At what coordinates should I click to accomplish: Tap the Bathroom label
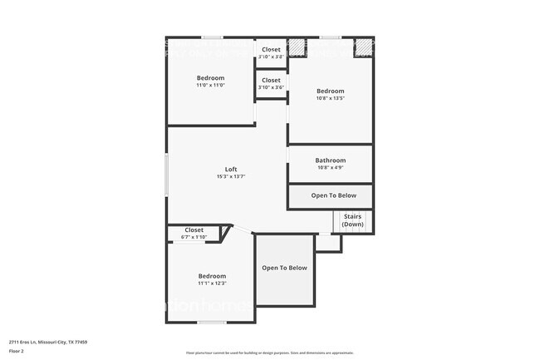(330, 160)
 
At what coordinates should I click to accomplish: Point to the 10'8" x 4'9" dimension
(330, 168)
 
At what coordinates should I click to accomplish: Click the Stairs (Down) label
(352, 220)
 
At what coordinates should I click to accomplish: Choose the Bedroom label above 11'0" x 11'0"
(210, 78)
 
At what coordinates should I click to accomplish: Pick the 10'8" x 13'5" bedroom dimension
(330, 98)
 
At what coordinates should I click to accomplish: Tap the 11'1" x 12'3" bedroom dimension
(212, 284)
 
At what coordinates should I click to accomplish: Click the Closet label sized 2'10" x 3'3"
(271, 50)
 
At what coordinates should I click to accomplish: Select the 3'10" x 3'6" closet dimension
(271, 87)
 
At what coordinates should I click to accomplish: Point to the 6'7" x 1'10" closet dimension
(194, 237)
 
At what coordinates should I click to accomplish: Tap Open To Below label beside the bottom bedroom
(284, 268)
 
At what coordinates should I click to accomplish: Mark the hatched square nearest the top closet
(297, 47)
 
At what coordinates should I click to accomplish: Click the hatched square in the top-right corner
(363, 47)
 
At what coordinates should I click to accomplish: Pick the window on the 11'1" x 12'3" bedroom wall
(212, 323)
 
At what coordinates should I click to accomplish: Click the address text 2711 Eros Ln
(48, 342)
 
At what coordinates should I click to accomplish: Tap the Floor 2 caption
(17, 351)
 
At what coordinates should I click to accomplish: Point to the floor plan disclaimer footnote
(270, 352)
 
